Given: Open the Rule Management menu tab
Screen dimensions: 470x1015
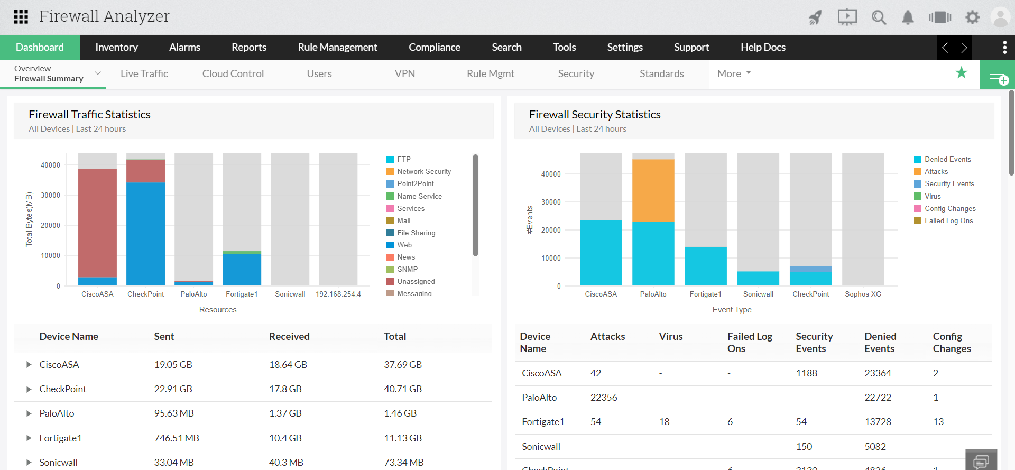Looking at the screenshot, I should coord(337,47).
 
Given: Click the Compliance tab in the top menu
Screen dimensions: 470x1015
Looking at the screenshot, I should coord(434,47).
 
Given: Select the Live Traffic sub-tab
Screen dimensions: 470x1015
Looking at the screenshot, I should coord(144,73).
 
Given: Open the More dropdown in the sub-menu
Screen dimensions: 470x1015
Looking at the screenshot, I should coord(734,73).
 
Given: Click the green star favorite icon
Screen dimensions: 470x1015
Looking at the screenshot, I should coord(961,73).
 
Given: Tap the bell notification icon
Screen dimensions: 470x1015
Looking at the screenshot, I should coord(908,17).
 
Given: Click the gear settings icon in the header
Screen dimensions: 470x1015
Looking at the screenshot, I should coord(972,17).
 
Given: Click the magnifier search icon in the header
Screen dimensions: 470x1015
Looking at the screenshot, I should coord(879,17).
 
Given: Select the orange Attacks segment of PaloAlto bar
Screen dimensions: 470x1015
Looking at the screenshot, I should coord(653,190).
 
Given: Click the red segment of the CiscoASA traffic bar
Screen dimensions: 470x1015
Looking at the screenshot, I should coord(97,222).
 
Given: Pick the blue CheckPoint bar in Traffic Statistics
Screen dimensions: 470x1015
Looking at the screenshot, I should coord(145,233).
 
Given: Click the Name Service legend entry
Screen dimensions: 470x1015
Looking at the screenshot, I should coord(419,196).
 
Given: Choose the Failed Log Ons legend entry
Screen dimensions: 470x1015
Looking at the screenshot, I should coord(948,220).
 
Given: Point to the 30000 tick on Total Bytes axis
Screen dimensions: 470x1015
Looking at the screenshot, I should coord(51,195).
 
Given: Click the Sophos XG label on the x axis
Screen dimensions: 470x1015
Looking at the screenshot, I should coord(863,294).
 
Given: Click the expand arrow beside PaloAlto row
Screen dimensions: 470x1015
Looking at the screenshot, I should coord(29,413).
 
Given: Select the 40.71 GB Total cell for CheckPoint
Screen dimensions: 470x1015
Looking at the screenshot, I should coord(403,389).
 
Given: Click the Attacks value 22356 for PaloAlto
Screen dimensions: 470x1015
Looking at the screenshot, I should coord(604,398).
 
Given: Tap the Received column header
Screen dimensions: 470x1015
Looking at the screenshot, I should coord(289,336).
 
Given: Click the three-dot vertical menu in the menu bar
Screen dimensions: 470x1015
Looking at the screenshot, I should coord(1004,47).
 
